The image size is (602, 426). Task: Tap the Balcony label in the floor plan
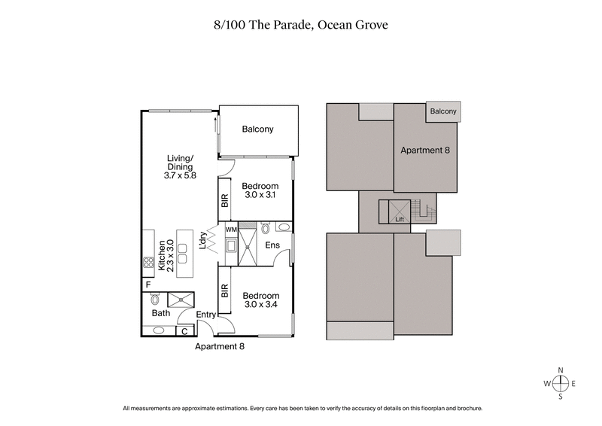(257, 129)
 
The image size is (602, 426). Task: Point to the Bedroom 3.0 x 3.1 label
(260, 191)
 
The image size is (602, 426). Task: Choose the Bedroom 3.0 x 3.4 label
(260, 301)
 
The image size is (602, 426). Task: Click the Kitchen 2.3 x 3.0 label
(165, 255)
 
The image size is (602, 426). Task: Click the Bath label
(160, 312)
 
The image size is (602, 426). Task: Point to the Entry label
(206, 315)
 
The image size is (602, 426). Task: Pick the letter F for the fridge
(148, 285)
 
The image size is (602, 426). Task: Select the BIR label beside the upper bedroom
(224, 201)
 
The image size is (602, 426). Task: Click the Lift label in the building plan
(400, 220)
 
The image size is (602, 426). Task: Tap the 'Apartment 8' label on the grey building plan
(424, 151)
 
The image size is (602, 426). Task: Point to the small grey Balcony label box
(443, 111)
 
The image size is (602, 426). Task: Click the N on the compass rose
(561, 370)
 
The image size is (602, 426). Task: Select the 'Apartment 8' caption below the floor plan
(220, 347)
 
